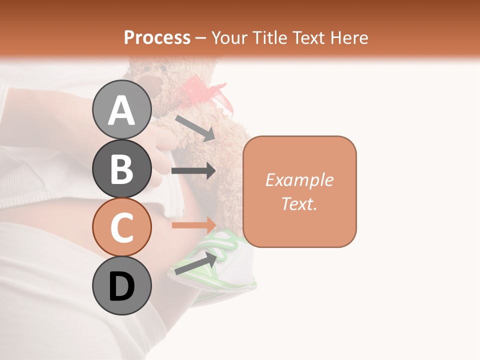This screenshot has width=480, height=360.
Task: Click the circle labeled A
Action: pos(121,109)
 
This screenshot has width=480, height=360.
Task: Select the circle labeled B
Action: pos(121,168)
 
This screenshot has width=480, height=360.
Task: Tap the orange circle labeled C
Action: pos(121,227)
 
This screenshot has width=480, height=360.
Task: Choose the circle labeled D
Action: pos(121,286)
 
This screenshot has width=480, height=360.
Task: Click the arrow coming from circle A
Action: pos(194,128)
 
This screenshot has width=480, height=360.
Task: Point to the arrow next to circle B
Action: pos(193,170)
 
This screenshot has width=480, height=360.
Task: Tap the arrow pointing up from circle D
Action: pos(195,263)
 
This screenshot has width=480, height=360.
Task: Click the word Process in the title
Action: pos(157,37)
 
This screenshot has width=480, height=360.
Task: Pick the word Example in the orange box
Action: pos(299,180)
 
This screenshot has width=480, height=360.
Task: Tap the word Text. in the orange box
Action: pos(299,203)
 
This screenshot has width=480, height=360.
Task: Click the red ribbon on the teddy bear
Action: pos(210,95)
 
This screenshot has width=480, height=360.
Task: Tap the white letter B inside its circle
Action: pos(121,168)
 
